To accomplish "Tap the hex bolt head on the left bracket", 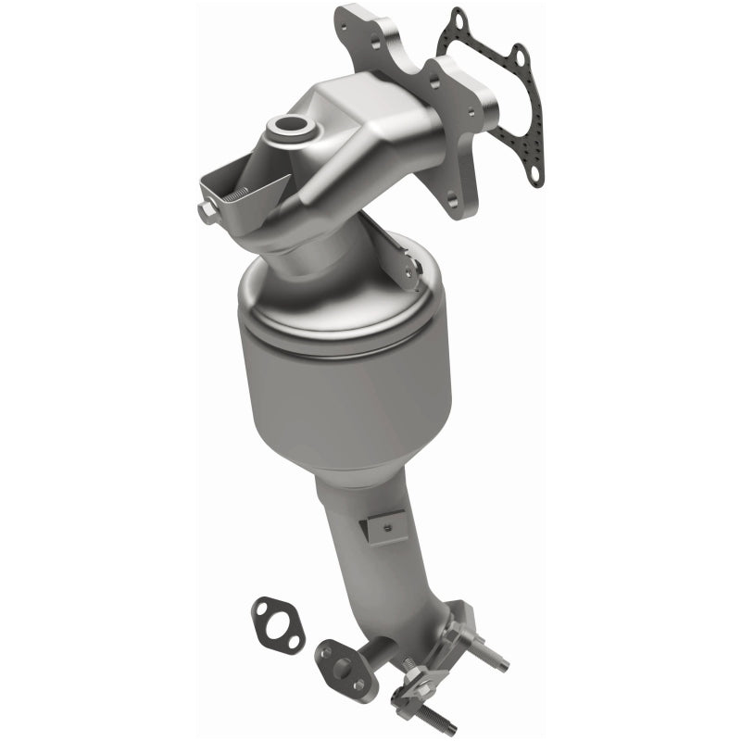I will tap(207, 213).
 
